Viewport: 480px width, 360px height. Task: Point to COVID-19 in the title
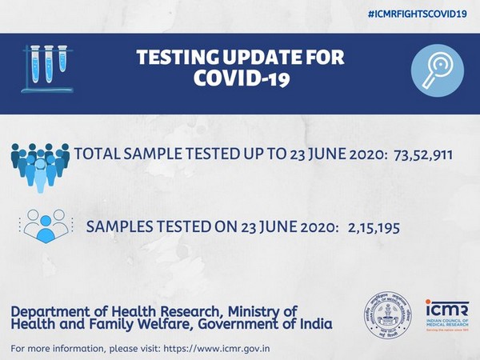point(239,81)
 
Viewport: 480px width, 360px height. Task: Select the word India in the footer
point(314,324)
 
